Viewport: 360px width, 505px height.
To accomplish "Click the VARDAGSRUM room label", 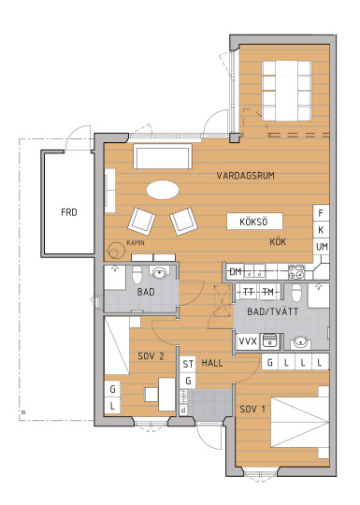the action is (x=245, y=176).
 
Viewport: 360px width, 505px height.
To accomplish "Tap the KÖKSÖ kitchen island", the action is (x=254, y=222).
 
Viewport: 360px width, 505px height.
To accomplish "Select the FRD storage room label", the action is (x=69, y=212).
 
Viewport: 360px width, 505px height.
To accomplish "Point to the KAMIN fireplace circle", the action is (x=116, y=251).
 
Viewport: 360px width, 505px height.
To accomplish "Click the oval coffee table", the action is (x=163, y=190).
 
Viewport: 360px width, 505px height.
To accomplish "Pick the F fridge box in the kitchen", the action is (x=321, y=213).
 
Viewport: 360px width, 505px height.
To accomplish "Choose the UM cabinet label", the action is (x=322, y=247).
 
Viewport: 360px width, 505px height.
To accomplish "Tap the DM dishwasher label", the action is (x=236, y=272).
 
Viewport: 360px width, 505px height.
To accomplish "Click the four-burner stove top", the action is (x=295, y=271).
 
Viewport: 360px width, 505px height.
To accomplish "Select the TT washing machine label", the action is (x=248, y=292).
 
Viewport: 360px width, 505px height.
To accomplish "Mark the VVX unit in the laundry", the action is (x=248, y=341).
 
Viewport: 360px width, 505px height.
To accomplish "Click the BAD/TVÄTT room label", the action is (x=272, y=311).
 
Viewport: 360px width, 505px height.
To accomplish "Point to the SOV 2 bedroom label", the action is (x=151, y=356).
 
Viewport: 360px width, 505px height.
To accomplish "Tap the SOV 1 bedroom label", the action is (x=252, y=409).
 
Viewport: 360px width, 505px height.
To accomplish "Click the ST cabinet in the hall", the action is (x=188, y=364).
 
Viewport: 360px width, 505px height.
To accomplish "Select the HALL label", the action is (x=212, y=363).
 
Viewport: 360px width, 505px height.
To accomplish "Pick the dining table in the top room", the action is (x=286, y=91).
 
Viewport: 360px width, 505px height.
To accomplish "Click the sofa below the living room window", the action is (x=163, y=156).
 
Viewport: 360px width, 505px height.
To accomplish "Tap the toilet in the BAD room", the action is (x=137, y=274).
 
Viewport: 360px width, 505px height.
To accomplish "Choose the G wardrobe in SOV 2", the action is (x=112, y=389).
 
